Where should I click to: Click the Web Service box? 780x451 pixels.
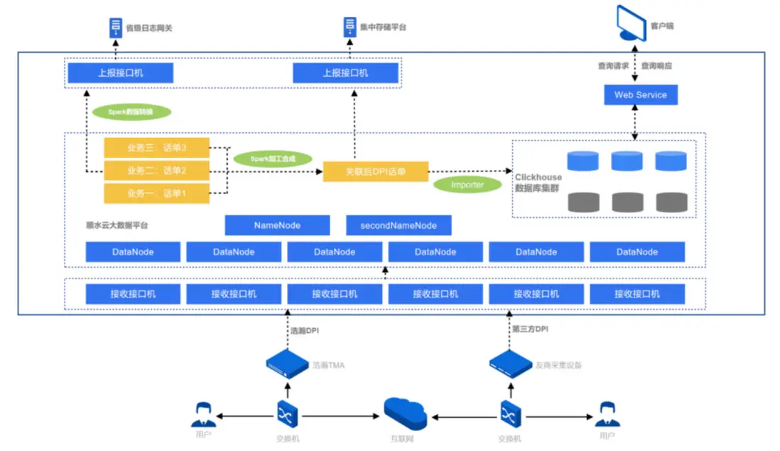tap(640, 94)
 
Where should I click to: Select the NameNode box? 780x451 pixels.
tap(277, 225)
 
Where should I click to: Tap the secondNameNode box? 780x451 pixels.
tap(399, 225)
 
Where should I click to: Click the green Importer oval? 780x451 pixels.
tap(467, 185)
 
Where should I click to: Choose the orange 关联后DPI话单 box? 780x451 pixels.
tap(376, 171)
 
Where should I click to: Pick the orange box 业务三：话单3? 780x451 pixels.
tap(156, 148)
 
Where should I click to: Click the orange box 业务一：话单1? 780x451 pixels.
tap(156, 193)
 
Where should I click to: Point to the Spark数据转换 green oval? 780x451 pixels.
tap(131, 112)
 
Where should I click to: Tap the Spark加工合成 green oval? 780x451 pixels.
tap(272, 159)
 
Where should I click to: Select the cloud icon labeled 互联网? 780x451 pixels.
tap(404, 413)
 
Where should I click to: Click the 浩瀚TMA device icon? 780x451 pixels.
tap(287, 364)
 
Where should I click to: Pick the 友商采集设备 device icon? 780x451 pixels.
tap(511, 364)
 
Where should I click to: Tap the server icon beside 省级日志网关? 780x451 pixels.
tap(115, 28)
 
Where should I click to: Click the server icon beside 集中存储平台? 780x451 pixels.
tap(349, 28)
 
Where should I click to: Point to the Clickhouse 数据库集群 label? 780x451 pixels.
tap(538, 183)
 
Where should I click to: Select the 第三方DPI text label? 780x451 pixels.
tap(530, 330)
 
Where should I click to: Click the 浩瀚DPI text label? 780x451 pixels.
tap(305, 330)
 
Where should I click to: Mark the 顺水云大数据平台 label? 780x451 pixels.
tap(117, 225)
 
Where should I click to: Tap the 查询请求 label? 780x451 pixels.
tap(613, 66)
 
